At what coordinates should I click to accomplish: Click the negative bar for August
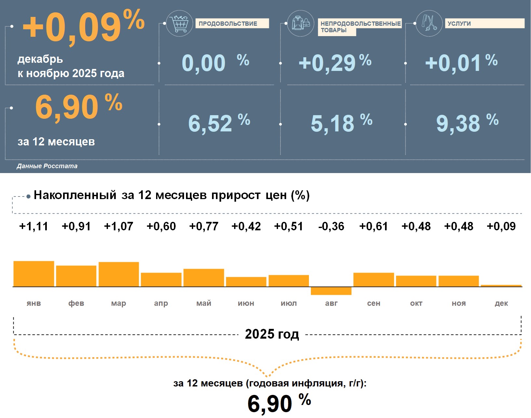click(331, 291)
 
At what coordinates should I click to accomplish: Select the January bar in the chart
click(34, 274)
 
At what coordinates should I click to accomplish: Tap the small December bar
click(501, 286)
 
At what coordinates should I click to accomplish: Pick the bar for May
click(204, 278)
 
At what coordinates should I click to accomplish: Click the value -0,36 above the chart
click(331, 226)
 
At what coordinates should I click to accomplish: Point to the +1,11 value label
click(34, 226)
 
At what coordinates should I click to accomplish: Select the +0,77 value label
click(204, 226)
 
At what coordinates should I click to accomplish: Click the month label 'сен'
click(374, 303)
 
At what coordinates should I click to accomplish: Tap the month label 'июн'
click(246, 303)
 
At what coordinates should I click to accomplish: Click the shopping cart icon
click(179, 23)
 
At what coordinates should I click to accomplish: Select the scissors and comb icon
click(429, 23)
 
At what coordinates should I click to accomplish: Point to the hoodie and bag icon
click(301, 23)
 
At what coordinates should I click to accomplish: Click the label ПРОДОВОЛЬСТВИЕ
click(228, 24)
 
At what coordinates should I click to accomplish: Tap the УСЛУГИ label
click(459, 24)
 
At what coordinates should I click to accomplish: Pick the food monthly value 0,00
click(204, 63)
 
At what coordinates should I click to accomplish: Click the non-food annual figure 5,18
click(332, 124)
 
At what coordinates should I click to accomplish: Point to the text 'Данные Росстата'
click(47, 166)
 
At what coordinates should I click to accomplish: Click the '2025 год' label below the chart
click(272, 334)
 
